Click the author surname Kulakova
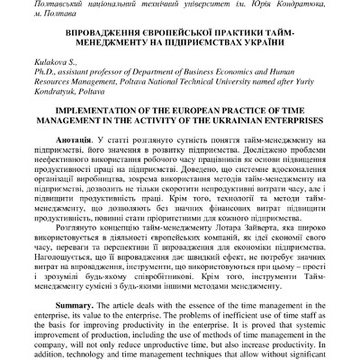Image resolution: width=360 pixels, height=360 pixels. click(x=73, y=61)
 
